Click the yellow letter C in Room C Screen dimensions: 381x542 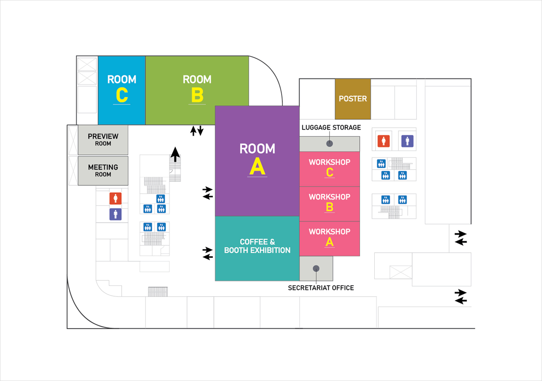tap(122, 95)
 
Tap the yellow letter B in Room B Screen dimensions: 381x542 tap(197, 95)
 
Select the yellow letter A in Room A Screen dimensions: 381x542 tap(257, 167)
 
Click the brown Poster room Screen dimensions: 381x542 tap(353, 99)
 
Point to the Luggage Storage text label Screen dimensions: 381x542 tap(331, 127)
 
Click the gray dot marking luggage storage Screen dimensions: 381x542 tap(330, 144)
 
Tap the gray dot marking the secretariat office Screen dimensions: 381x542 tap(316, 268)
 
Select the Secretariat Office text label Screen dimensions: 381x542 tap(321, 288)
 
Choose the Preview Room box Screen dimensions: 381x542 tap(103, 140)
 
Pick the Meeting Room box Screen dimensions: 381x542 tap(103, 171)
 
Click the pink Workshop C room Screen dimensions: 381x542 tap(330, 168)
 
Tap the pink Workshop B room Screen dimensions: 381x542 tap(330, 203)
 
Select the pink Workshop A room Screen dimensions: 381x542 tap(330, 238)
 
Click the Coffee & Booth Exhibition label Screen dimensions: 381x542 tap(257, 246)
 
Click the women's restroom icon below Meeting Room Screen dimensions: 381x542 tap(115, 198)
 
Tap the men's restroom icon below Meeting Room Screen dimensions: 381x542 tap(115, 214)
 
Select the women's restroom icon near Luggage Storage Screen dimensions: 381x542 tap(384, 141)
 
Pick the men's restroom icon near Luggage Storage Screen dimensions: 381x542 tap(407, 141)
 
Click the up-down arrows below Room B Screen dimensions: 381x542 tap(197, 131)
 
